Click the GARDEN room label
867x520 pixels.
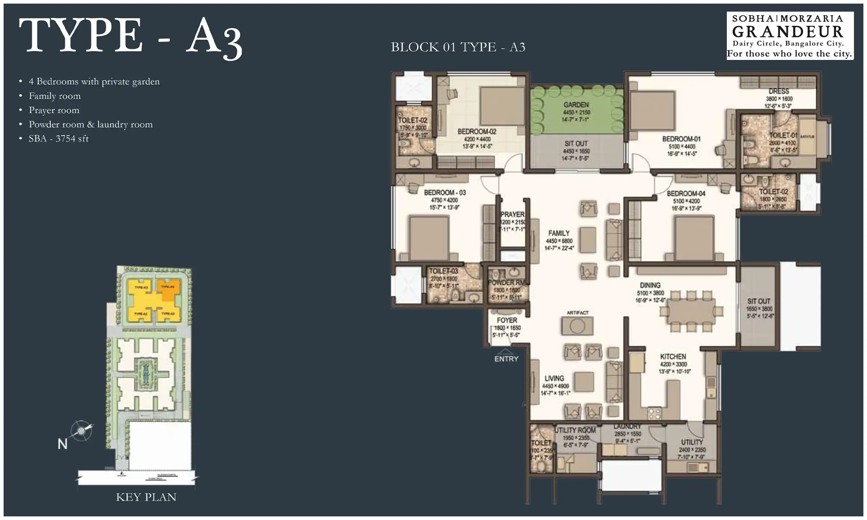pos(576,105)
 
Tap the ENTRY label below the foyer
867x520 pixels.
pos(506,359)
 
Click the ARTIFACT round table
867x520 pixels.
pos(577,326)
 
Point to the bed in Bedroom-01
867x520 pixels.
pos(652,111)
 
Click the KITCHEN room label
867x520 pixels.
pos(673,356)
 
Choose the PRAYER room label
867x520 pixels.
pos(513,214)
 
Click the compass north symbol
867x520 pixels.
pos(81,431)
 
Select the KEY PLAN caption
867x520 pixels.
pos(146,497)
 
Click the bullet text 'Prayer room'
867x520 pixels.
pos(54,110)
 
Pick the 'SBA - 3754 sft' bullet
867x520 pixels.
pos(59,139)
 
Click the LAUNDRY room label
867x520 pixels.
pos(627,426)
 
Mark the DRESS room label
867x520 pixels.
pos(778,91)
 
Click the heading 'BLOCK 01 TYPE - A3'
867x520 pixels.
pos(458,47)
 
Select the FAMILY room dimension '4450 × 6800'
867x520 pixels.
pos(559,241)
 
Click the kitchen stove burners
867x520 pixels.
pos(654,413)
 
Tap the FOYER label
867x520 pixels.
pos(507,320)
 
